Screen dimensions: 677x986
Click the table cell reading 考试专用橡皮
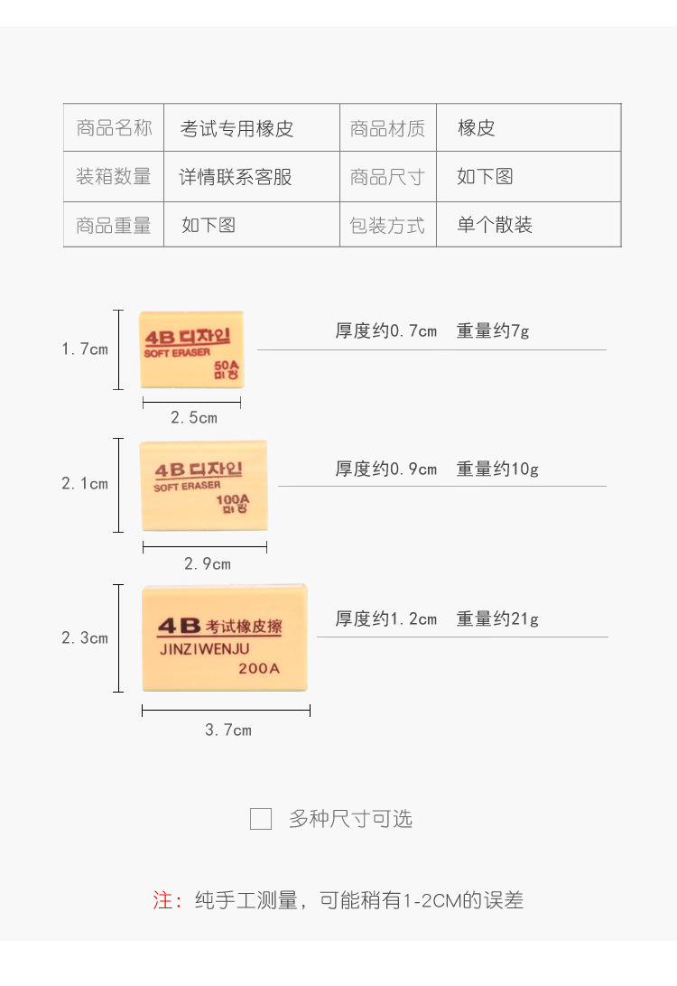pos(237,128)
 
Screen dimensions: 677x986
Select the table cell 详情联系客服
pos(236,177)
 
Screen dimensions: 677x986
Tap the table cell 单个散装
pos(495,225)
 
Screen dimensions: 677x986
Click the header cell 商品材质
pos(387,128)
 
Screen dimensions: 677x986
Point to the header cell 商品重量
pos(114,225)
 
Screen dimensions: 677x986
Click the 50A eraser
pos(191,349)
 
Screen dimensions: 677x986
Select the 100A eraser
pos(204,486)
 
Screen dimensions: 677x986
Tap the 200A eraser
pos(225,637)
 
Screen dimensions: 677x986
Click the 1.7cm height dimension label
pos(85,349)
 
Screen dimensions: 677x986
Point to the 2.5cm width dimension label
pos(194,418)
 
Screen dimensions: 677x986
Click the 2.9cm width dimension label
pos(208,564)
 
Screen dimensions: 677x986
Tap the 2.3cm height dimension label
pos(85,638)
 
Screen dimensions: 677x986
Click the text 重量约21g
pos(497,619)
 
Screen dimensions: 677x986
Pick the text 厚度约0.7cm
pos(386,331)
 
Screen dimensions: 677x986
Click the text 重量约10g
pos(497,470)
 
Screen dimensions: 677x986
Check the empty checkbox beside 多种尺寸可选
pos(261,819)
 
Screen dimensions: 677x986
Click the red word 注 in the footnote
pos(163,900)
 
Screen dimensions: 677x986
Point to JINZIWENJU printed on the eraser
pos(205,648)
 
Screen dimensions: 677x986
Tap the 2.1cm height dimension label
pos(85,484)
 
